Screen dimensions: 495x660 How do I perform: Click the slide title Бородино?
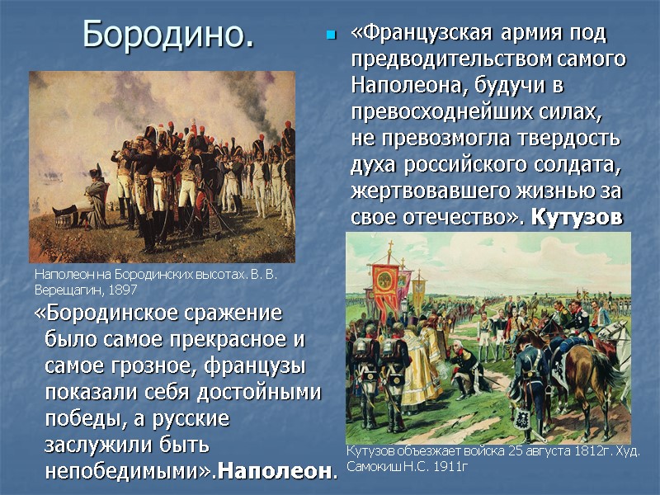click(168, 35)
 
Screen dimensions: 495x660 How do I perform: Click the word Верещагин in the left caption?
click(67, 290)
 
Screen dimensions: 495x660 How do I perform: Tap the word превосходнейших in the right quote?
click(436, 111)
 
